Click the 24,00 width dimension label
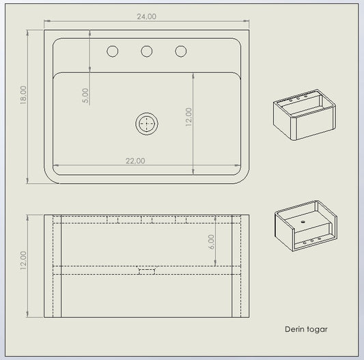coord(146,16)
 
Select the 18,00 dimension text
coord(23,95)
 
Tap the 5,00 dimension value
coord(85,96)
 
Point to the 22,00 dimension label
coord(135,161)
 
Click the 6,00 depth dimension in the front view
coord(211,242)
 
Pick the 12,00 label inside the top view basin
coord(188,117)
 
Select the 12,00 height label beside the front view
coord(23,260)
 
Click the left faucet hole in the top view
coord(113,51)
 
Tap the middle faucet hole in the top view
coord(147,51)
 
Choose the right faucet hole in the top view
coord(181,51)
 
